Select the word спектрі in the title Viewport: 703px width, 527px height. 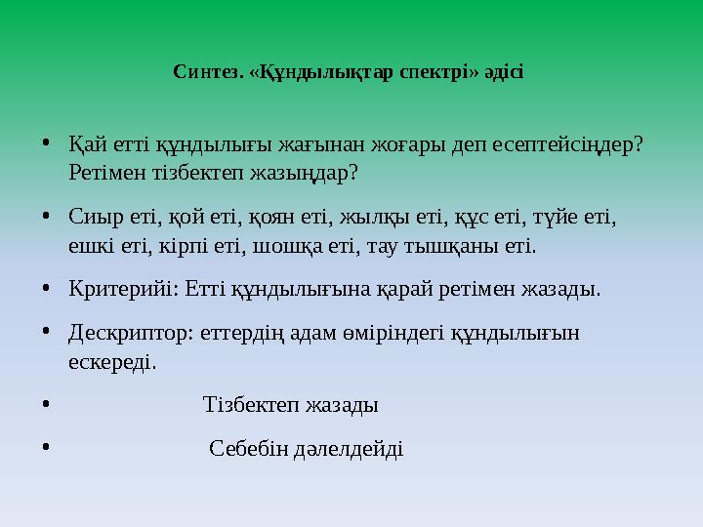[438, 72]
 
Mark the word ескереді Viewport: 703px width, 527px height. [111, 361]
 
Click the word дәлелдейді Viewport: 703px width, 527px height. [349, 450]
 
